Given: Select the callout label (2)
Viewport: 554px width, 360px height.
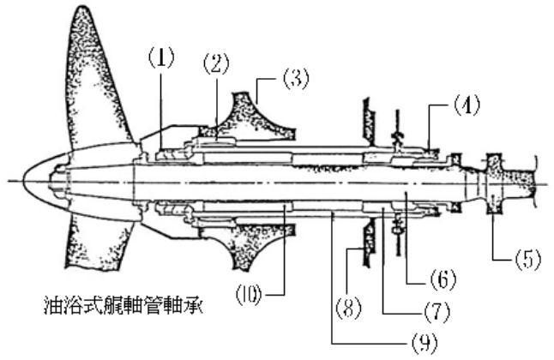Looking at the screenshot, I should (214, 63).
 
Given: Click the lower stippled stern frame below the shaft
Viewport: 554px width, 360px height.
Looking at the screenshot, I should (249, 249).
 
